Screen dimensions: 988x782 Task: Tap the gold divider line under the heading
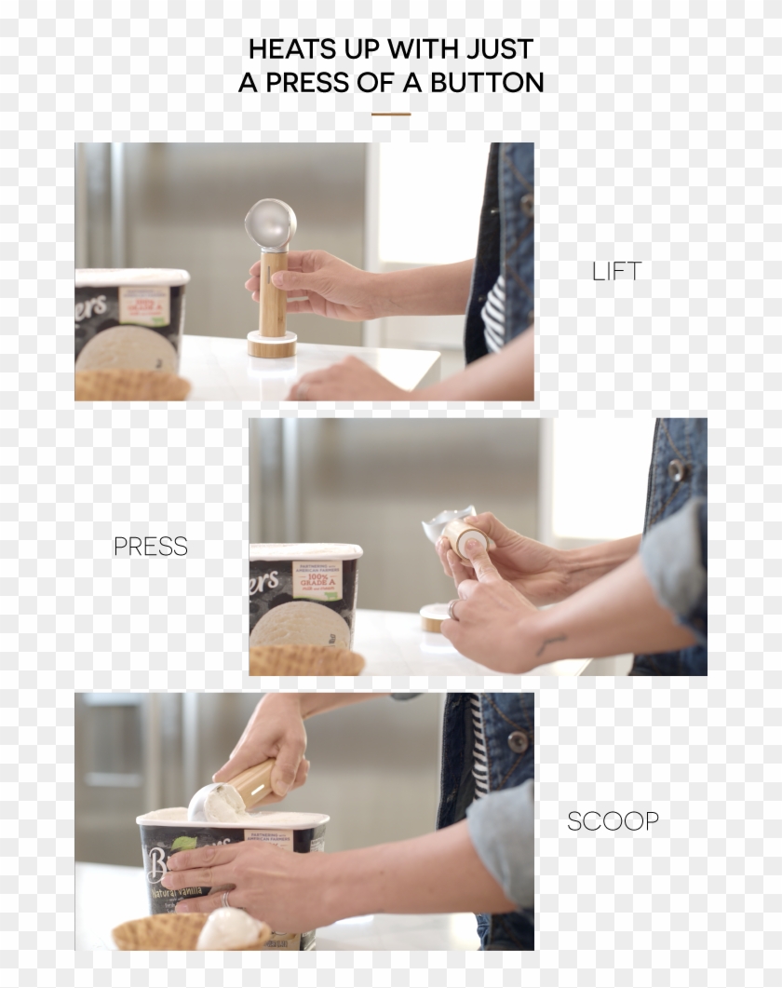tap(390, 115)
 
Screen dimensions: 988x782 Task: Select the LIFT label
tap(616, 271)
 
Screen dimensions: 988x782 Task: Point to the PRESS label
tap(151, 547)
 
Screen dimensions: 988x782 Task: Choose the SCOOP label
tap(613, 821)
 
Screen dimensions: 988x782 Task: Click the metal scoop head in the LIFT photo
tap(271, 223)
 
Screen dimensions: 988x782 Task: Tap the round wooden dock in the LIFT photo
tap(272, 346)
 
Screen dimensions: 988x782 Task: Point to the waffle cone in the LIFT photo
tap(130, 385)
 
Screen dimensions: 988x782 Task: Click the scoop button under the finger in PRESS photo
tap(473, 543)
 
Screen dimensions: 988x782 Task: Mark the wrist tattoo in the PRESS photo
tap(551, 643)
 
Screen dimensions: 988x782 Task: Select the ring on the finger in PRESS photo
tap(452, 609)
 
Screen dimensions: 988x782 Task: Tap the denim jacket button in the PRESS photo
tap(676, 470)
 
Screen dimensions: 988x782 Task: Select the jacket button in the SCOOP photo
tap(517, 739)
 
